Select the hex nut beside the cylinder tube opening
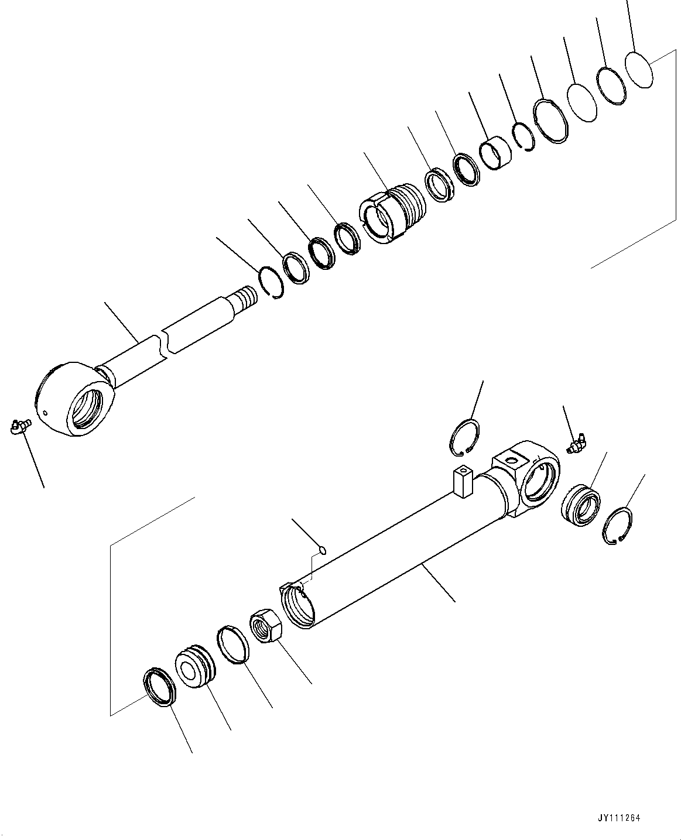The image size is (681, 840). (266, 625)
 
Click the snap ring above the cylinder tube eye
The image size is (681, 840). (465, 437)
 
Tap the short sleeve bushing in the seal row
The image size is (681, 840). (495, 153)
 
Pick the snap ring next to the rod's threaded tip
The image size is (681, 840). (272, 280)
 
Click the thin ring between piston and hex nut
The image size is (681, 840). (233, 645)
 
